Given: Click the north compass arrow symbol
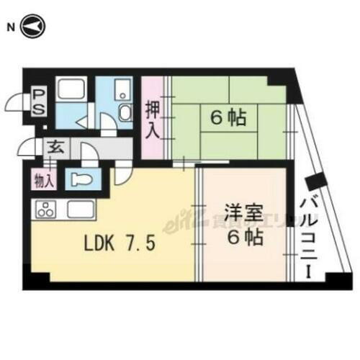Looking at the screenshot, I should point(33,27).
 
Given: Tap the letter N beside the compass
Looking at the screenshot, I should point(11,27).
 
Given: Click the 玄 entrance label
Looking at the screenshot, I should point(55,148).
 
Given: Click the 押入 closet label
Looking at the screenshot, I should point(153,119).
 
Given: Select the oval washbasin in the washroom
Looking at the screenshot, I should point(122,112).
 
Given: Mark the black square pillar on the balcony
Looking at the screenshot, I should point(315,186).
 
